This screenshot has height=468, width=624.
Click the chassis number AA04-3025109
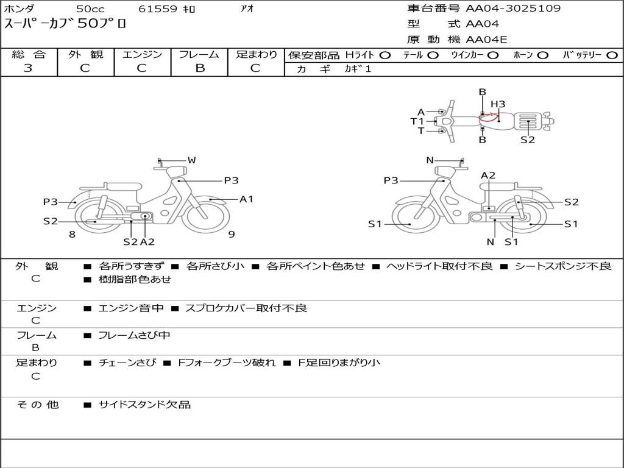[x=513, y=8]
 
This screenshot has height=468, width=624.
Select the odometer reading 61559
[x=158, y=9]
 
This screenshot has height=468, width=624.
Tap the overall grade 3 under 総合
[x=28, y=68]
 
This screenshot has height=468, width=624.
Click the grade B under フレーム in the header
[x=200, y=68]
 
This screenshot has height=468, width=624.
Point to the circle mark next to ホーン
[x=542, y=55]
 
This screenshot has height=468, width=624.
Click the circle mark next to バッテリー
[x=612, y=55]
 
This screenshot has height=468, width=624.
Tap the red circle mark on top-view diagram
[x=489, y=116]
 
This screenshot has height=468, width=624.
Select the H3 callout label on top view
[x=498, y=104]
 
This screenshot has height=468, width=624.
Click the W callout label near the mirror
[x=192, y=160]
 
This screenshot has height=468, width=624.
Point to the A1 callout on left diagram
[x=246, y=199]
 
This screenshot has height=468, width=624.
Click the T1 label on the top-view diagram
[x=417, y=121]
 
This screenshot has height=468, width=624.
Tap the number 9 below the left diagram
[x=232, y=234]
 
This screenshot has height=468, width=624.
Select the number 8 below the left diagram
[x=72, y=234]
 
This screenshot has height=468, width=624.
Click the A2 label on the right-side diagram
[x=488, y=175]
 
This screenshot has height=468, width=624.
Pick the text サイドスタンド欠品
[x=145, y=405]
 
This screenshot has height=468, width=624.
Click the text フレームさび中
[x=134, y=336]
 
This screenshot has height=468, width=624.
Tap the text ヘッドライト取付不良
[x=439, y=266]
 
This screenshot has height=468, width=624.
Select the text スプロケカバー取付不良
[x=246, y=308]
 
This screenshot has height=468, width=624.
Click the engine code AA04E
[x=486, y=40]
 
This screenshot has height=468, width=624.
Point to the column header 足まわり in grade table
[x=257, y=54]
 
